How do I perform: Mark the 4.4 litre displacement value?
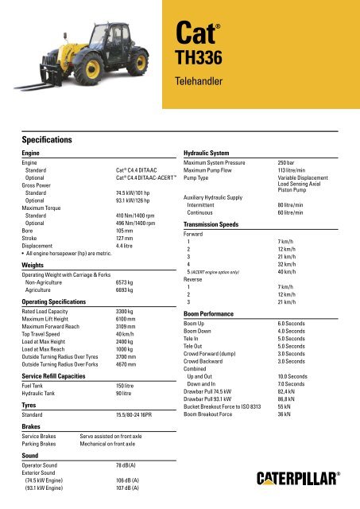point(127,247)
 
